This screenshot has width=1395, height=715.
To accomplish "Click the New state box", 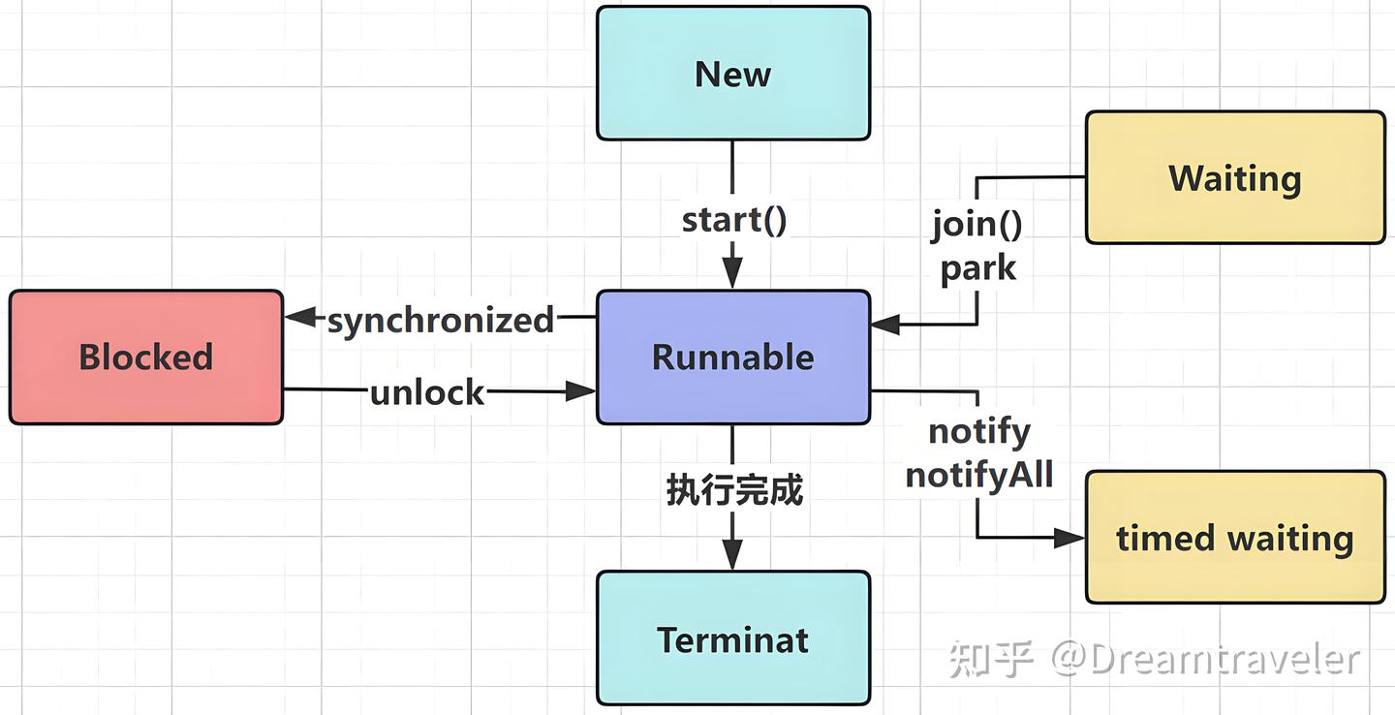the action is coord(733,73).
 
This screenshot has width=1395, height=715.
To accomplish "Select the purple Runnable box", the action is coord(733,357).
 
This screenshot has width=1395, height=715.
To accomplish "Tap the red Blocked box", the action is coord(146,357).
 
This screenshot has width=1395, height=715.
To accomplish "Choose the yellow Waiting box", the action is coord(1235,177).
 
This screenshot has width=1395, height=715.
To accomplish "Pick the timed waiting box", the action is coord(1235,537).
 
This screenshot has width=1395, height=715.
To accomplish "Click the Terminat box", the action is coord(733,637).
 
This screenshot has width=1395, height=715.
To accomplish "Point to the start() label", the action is coord(734,220).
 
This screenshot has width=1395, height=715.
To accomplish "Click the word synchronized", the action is coord(440,320).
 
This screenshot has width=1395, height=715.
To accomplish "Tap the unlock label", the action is coord(427,392).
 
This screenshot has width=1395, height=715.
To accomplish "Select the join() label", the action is coord(976,224).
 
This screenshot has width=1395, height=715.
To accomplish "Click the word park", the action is coord(977,269).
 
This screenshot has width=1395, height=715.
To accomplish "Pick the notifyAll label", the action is coord(979,475).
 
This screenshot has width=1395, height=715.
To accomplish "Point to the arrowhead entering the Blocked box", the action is coord(301,317).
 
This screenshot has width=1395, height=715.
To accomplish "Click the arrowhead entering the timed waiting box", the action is coord(1069,538).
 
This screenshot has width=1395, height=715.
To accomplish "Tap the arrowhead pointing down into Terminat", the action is coord(732,554).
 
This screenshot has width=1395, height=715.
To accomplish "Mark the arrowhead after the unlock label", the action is coord(579,391).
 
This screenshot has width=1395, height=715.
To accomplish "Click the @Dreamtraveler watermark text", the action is coord(1206,659).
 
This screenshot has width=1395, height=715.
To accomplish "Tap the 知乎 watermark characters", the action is coord(991,659).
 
